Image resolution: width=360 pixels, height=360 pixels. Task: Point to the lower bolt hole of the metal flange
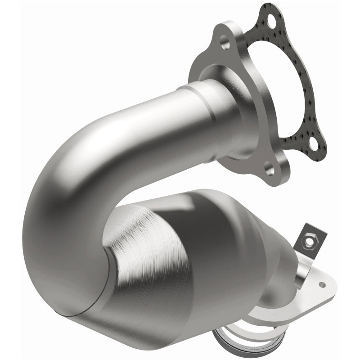pos(269,170)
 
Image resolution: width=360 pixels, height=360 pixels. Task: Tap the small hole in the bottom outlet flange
pos(322,284)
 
